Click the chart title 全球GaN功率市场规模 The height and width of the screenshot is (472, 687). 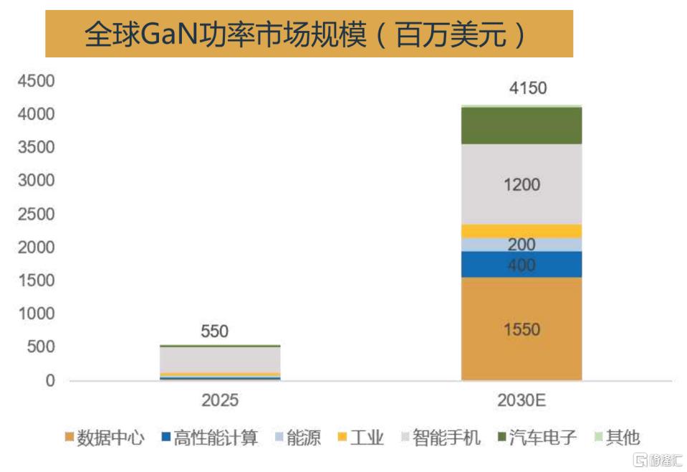pos(226,34)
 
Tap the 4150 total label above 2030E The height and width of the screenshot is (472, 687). pos(528,88)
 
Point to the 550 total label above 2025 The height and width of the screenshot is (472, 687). pos(215,331)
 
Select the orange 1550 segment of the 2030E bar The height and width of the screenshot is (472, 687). pos(522,329)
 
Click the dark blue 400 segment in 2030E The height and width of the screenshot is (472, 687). pos(522,264)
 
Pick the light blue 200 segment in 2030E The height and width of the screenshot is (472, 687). pos(522,245)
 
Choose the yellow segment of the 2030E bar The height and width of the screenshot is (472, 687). pos(522,231)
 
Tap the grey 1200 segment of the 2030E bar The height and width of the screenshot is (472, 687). pos(522,184)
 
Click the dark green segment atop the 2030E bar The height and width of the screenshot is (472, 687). pos(522,126)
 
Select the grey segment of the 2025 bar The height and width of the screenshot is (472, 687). pos(220,359)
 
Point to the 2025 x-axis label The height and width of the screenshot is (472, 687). pos(220,400)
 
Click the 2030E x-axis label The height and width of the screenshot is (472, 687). pos(522,400)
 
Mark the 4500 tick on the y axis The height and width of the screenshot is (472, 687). pos(36,81)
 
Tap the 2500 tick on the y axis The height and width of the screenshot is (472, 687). pos(36,214)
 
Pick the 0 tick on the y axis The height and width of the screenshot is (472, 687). pos(50,380)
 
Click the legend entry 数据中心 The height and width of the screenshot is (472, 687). pos(105,438)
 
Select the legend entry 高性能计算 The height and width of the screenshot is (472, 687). pos(210,438)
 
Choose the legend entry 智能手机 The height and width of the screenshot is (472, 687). pos(441,438)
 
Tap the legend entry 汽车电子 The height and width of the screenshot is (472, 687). pos(537,438)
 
